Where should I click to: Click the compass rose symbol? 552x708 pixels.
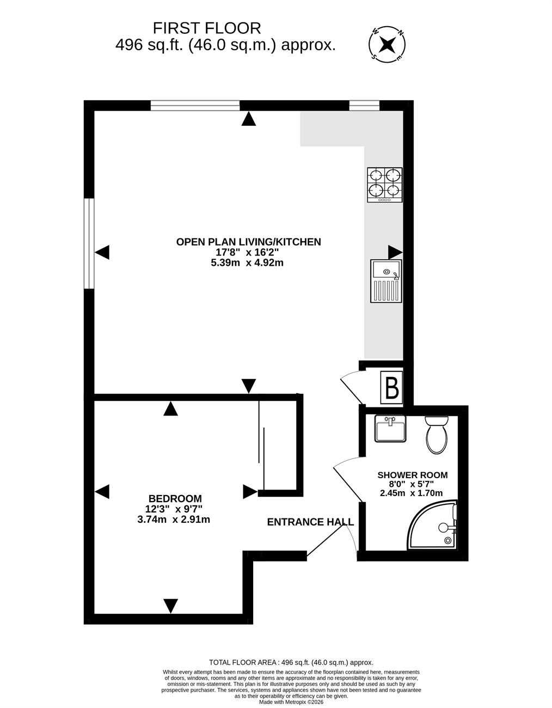387,44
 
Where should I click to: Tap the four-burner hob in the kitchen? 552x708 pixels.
385,185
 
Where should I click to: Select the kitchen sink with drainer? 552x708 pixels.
386,281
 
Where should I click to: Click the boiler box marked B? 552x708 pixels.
392,388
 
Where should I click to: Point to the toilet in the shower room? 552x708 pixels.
437,435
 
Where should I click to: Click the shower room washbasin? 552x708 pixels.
390,429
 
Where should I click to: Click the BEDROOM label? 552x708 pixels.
175,498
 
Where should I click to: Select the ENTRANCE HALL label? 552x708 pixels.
310,522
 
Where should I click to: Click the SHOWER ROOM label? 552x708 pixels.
412,475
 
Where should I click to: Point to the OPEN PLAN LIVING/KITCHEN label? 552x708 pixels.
248,242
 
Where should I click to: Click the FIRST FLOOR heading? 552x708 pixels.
207,28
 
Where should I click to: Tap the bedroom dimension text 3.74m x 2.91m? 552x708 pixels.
174,520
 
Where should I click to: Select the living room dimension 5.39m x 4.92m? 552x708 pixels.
247,263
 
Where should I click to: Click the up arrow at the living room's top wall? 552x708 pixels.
249,119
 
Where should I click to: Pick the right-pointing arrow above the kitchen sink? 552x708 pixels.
395,252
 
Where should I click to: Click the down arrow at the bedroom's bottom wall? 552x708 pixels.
170,606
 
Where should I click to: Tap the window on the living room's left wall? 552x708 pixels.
89,243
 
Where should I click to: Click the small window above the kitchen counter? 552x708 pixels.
364,106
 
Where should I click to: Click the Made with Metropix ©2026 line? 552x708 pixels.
291,702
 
